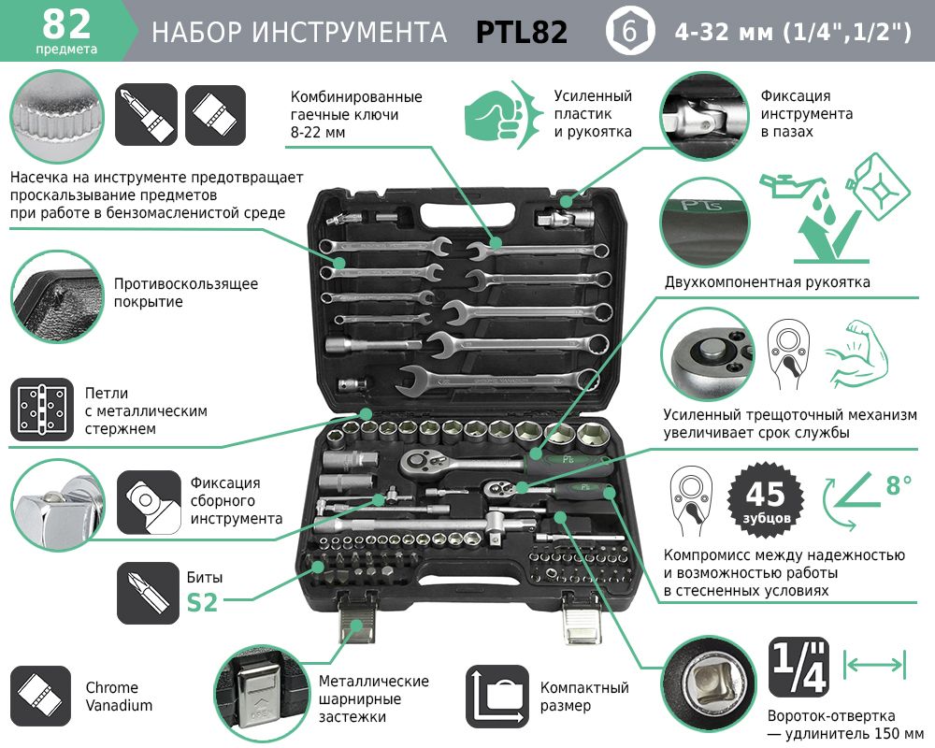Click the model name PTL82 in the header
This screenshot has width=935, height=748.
coord(521,32)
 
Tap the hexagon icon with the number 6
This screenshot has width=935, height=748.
coord(629,31)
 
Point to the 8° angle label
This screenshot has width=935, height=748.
coord(898,484)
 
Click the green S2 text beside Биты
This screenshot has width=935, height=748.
coord(202,602)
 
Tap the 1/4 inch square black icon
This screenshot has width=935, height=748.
coord(798,667)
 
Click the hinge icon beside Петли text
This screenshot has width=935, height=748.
coord(42,410)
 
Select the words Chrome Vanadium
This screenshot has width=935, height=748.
coord(119,696)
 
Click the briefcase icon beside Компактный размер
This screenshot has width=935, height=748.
coord(497,696)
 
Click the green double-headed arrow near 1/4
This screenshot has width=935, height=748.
coord(875,664)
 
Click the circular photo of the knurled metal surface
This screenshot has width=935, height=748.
coord(57,117)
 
